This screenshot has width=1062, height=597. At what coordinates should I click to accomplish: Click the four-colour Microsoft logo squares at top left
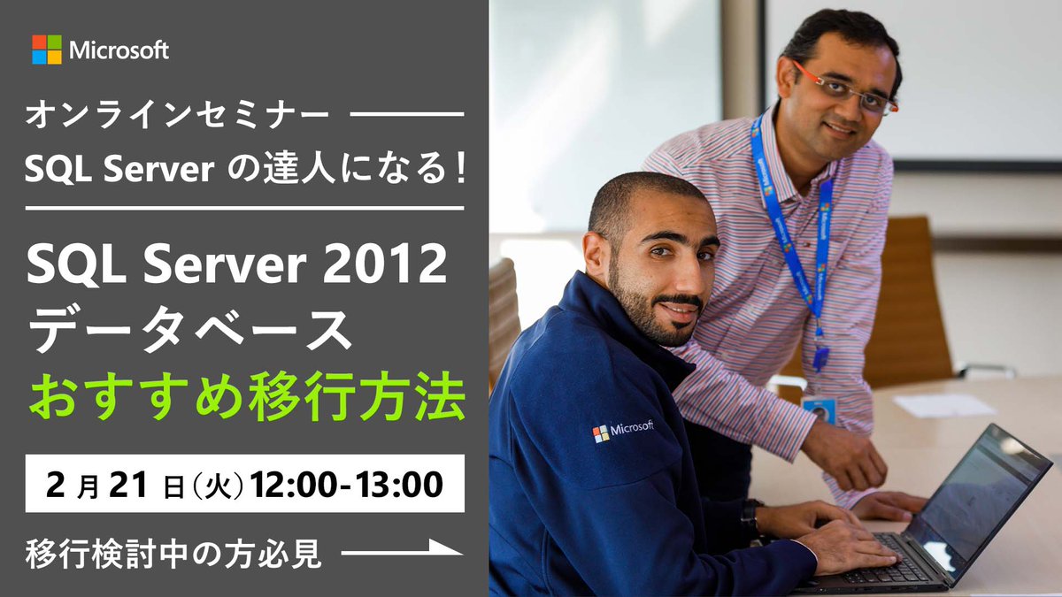pos(47,50)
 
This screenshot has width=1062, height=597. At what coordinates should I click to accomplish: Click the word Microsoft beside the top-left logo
pos(119,50)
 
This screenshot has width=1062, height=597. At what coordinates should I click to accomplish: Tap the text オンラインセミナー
pos(178,115)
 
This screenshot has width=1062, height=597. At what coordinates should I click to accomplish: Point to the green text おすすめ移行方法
pos(246,398)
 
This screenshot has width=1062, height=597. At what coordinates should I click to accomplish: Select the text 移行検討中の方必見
pos(173,553)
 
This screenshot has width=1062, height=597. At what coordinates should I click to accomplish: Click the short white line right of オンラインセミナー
pos(407,115)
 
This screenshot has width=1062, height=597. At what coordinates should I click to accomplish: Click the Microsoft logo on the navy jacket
pos(623,431)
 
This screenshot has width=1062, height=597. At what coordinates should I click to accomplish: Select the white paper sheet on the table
pos(943,404)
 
